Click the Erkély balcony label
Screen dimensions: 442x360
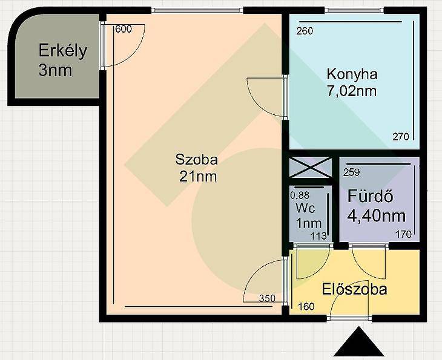tap(62, 51)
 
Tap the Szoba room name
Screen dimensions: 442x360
tap(196, 160)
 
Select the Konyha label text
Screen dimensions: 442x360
tap(352, 74)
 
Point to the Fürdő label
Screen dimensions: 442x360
tap(370, 196)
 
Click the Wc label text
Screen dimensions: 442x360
tap(305, 208)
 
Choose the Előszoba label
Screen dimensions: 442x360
tap(355, 289)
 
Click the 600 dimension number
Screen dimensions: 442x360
tap(124, 29)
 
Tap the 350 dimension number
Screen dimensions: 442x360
tap(267, 298)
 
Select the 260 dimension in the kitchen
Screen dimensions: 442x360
tap(305, 31)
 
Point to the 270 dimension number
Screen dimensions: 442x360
tap(401, 137)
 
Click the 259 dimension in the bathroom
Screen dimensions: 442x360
tap(352, 172)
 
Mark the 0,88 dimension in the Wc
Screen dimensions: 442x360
tap(300, 195)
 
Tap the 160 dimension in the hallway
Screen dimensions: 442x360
tap(306, 307)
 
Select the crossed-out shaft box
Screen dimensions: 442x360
tap(311, 168)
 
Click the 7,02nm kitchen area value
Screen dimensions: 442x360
tap(352, 91)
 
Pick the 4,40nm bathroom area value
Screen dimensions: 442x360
tap(377, 217)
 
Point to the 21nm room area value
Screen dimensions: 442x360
tap(198, 177)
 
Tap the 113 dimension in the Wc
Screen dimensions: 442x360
tap(318, 236)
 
